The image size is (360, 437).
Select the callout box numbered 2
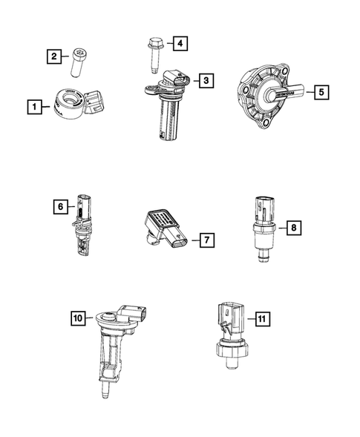(53, 56)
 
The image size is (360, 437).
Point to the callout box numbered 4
(178, 44)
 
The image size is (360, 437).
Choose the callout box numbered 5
(321, 93)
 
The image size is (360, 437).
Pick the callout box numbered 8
(295, 227)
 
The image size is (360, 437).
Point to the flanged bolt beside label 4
(152, 53)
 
